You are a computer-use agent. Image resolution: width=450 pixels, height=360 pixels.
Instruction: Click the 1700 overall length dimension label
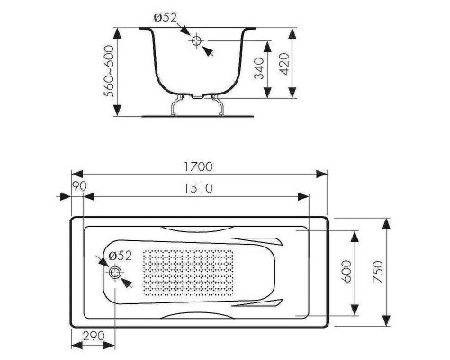198,166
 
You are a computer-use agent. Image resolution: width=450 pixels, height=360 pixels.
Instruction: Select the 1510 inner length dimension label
198,188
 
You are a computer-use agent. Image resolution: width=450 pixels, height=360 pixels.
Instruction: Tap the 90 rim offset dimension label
79,186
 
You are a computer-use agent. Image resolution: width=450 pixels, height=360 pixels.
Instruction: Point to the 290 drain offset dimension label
94,336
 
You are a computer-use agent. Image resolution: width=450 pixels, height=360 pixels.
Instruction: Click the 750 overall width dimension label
378,272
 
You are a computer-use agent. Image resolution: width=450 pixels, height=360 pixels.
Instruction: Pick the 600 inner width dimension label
346,271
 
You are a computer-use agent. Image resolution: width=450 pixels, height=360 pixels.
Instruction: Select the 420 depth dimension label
284,64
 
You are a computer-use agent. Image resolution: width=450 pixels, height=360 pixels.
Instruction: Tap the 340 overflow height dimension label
259,68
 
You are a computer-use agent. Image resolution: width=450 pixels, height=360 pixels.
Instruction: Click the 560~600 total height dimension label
109,71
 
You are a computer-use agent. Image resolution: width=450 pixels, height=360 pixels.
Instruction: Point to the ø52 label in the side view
166,17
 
